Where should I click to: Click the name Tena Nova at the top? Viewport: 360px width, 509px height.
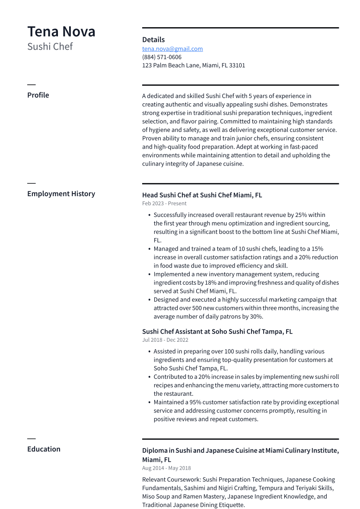tap(61, 32)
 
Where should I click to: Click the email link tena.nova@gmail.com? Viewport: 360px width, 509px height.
tap(172, 49)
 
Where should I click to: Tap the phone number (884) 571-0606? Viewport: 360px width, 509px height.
tap(162, 57)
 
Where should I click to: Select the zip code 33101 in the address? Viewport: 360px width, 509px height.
tap(237, 66)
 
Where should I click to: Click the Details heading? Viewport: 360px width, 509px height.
tap(153, 40)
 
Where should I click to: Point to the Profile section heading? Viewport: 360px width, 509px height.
tap(38, 95)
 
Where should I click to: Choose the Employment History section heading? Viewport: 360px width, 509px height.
tap(61, 194)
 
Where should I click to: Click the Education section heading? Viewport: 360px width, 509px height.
tap(44, 449)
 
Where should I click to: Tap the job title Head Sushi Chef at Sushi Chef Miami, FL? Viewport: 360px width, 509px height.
tap(202, 195)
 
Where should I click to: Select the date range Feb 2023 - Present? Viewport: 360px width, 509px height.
tap(164, 204)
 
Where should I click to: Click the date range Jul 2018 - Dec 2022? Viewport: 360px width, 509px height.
tap(165, 340)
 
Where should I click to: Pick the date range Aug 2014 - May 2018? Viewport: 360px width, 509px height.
tap(166, 468)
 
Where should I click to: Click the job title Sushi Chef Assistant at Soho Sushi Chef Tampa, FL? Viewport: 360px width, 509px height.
tap(217, 331)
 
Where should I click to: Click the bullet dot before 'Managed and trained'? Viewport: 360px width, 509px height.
tap(149, 249)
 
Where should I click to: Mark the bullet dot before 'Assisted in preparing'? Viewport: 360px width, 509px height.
tap(149, 352)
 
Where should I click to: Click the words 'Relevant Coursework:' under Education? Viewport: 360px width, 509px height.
tap(171, 480)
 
